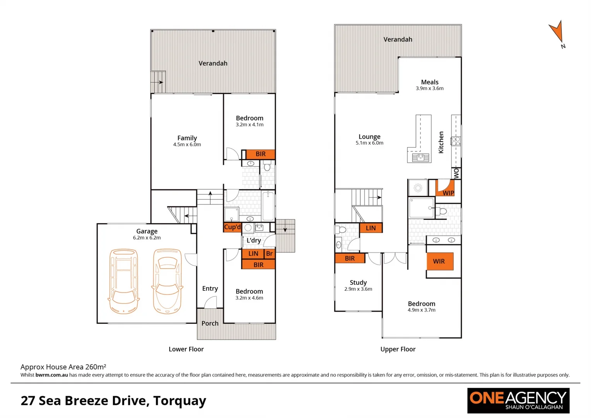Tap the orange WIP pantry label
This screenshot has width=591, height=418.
point(448,192)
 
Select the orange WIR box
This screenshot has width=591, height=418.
point(439,261)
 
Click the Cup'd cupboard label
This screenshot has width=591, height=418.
point(233,227)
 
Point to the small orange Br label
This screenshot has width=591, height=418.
point(269,254)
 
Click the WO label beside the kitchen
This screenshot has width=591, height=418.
point(456,173)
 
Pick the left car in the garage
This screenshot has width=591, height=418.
point(123,281)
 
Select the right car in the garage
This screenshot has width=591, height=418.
point(167,281)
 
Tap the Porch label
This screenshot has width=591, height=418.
point(210,323)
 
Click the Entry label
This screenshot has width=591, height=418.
point(210,288)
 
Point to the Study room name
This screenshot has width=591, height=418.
point(358,283)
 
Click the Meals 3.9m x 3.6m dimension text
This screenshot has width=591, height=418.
point(430,88)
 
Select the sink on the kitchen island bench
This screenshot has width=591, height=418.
point(420,157)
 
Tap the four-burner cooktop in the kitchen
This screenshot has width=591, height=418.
point(456,141)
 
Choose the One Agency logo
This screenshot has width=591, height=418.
point(518,401)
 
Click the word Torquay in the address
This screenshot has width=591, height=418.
point(180,400)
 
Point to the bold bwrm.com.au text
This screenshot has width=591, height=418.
point(51,375)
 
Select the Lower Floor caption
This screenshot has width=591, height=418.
point(186,349)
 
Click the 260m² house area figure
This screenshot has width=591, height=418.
point(96,367)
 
